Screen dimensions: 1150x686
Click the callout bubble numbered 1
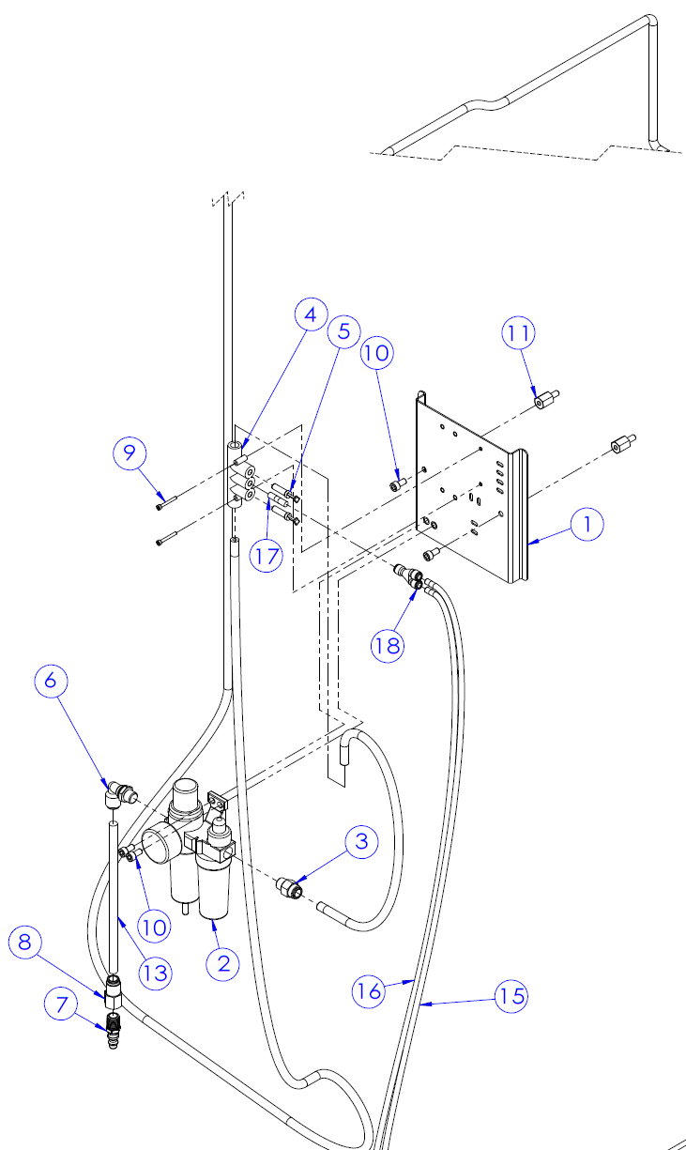613,526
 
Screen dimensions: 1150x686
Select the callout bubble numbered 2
223,963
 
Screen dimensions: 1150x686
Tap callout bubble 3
361,842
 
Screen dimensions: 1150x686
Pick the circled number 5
343,330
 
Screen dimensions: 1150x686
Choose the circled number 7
63,1005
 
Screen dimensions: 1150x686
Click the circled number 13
157,973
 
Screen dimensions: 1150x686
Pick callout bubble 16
371,990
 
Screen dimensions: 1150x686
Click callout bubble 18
388,646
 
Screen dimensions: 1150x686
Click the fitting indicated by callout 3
289,887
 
